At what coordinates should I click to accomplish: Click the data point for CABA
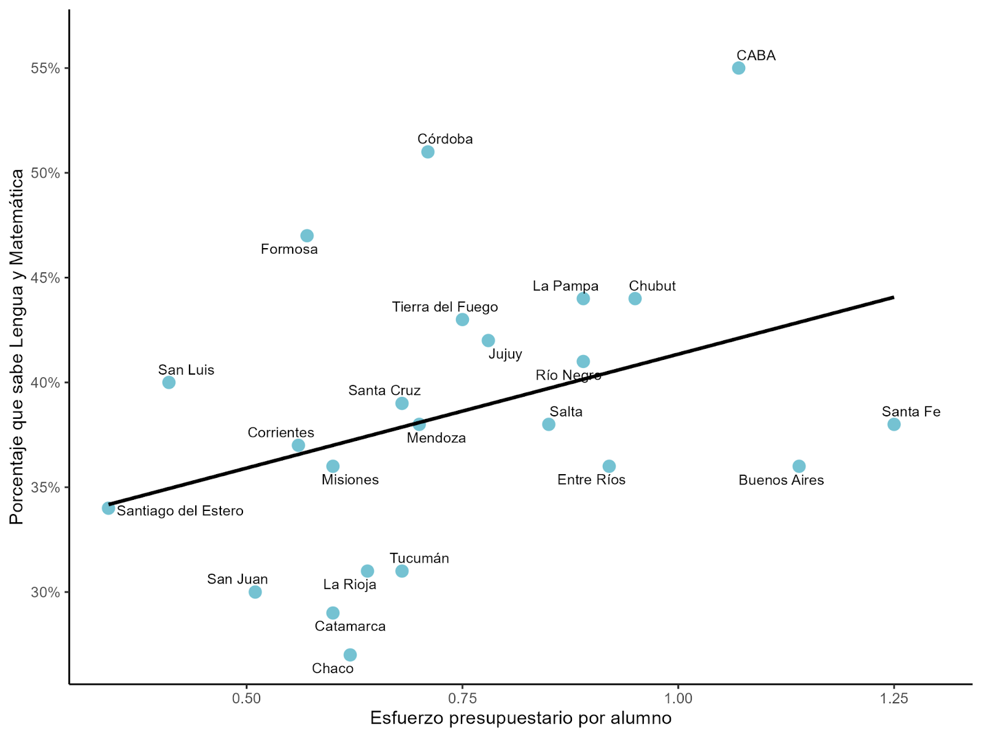click(738, 68)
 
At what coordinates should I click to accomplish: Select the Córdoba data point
click(428, 152)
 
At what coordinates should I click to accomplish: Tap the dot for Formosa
click(307, 236)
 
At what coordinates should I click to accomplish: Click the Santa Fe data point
click(894, 424)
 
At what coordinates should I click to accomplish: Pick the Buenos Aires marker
click(798, 466)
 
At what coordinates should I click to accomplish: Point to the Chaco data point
click(350, 655)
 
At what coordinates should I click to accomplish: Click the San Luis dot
click(169, 383)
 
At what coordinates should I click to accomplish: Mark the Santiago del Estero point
click(109, 508)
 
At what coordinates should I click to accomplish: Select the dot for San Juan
click(255, 592)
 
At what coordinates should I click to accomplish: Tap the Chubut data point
click(635, 298)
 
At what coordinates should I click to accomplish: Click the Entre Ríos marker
click(609, 466)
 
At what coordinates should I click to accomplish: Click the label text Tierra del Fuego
click(445, 307)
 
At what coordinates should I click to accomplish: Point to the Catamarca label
click(350, 626)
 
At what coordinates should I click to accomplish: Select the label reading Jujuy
click(505, 354)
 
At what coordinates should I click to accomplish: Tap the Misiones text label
click(350, 480)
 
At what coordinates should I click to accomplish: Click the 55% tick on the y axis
click(46, 68)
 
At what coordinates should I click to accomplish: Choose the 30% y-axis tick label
click(46, 593)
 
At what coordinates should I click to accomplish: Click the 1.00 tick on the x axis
click(678, 698)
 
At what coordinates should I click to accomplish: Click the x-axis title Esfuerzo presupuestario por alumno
click(520, 718)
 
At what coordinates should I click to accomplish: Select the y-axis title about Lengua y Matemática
click(17, 347)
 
